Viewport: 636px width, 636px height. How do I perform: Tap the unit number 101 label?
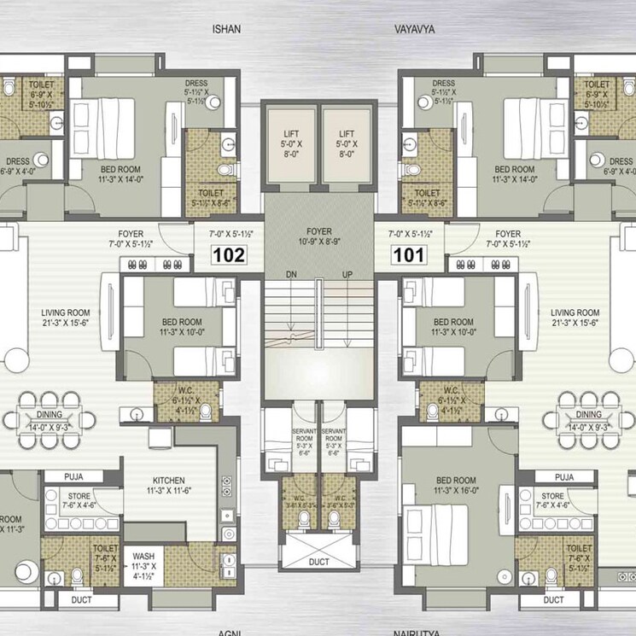(407, 254)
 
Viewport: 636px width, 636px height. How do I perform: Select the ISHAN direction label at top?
(226, 29)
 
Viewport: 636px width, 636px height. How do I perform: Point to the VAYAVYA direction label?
(415, 29)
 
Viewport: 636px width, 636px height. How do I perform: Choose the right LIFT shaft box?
(347, 145)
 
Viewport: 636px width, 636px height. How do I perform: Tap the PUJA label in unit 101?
(563, 476)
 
